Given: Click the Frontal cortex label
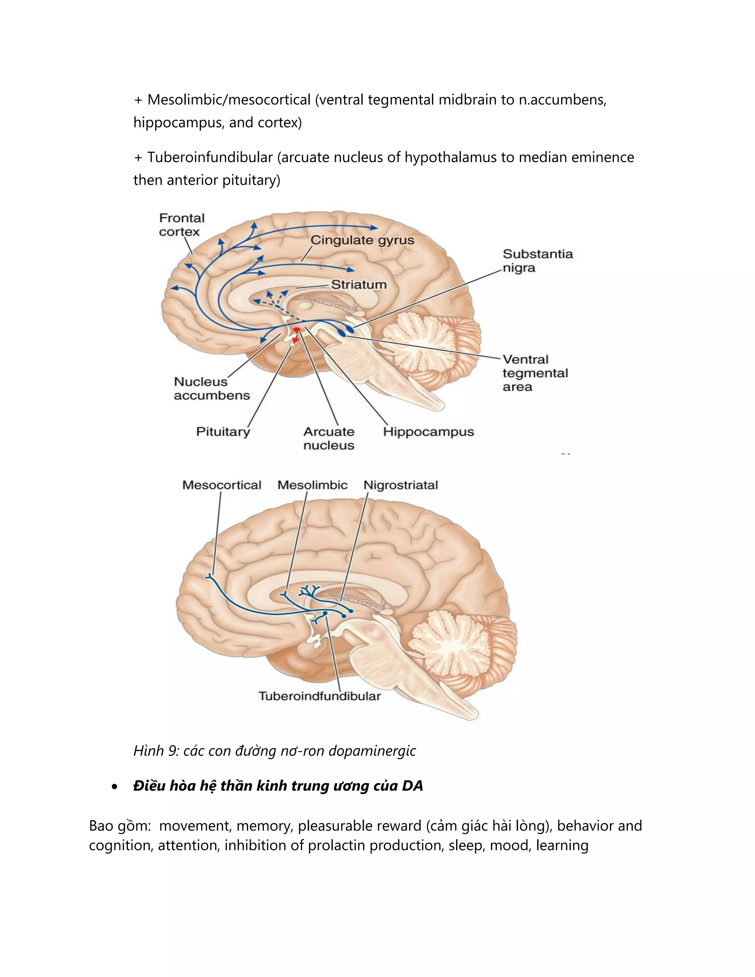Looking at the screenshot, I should [x=182, y=225].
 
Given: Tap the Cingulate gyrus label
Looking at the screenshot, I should [x=362, y=240].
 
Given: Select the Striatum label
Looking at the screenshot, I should [x=359, y=285].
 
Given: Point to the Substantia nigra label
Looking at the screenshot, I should [x=537, y=261].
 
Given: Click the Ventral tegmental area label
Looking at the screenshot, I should [x=535, y=373].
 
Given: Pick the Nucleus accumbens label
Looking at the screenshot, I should [x=212, y=388].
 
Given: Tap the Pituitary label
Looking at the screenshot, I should [x=223, y=432].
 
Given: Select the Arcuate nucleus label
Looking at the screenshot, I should [x=329, y=438].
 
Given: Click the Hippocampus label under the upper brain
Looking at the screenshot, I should [x=428, y=432].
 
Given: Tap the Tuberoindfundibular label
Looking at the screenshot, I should [x=319, y=696].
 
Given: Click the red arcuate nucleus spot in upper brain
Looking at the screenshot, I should [x=296, y=330].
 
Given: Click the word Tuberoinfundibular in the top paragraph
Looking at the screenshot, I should [x=210, y=157].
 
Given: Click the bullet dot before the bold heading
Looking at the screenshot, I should [x=115, y=787].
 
